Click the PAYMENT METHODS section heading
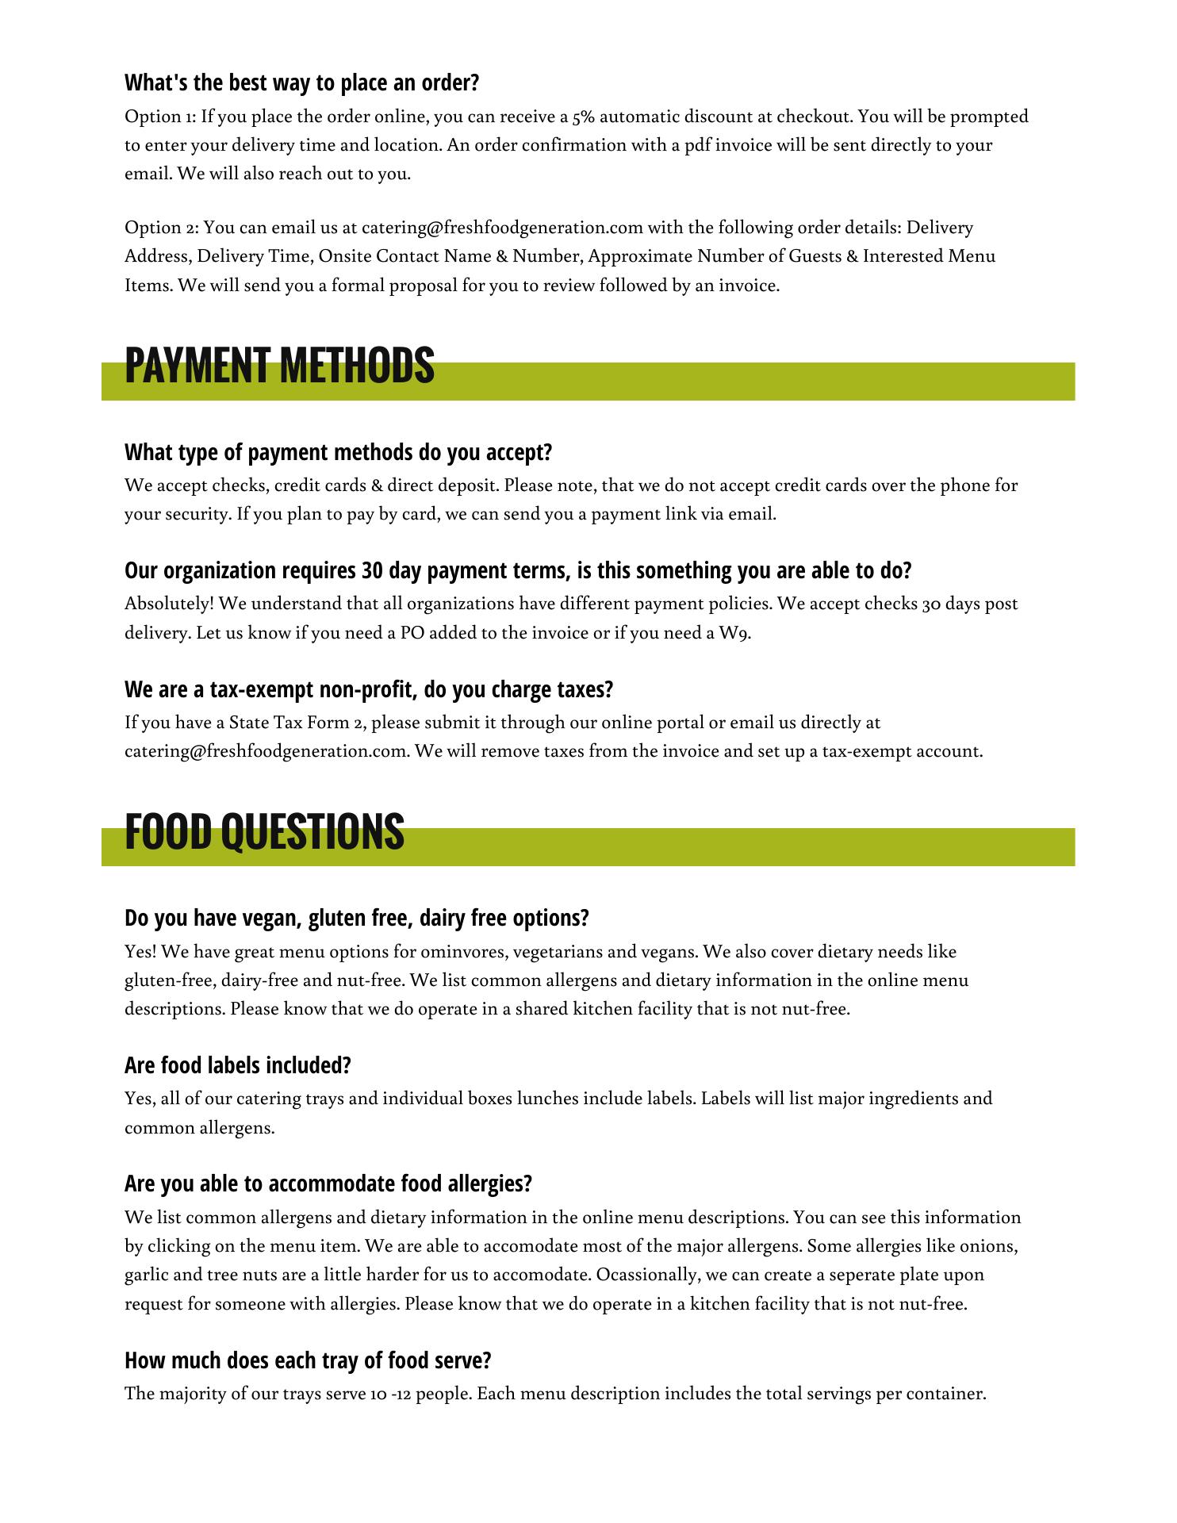tap(279, 366)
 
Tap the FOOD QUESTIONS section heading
tap(264, 831)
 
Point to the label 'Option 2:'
tap(161, 228)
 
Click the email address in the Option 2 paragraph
tap(501, 228)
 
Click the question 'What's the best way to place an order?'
tap(302, 82)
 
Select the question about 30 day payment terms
tap(518, 570)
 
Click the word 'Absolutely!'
tap(169, 604)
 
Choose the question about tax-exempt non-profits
tap(369, 689)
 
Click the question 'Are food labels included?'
tap(237, 1065)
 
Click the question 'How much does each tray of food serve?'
tap(308, 1360)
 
